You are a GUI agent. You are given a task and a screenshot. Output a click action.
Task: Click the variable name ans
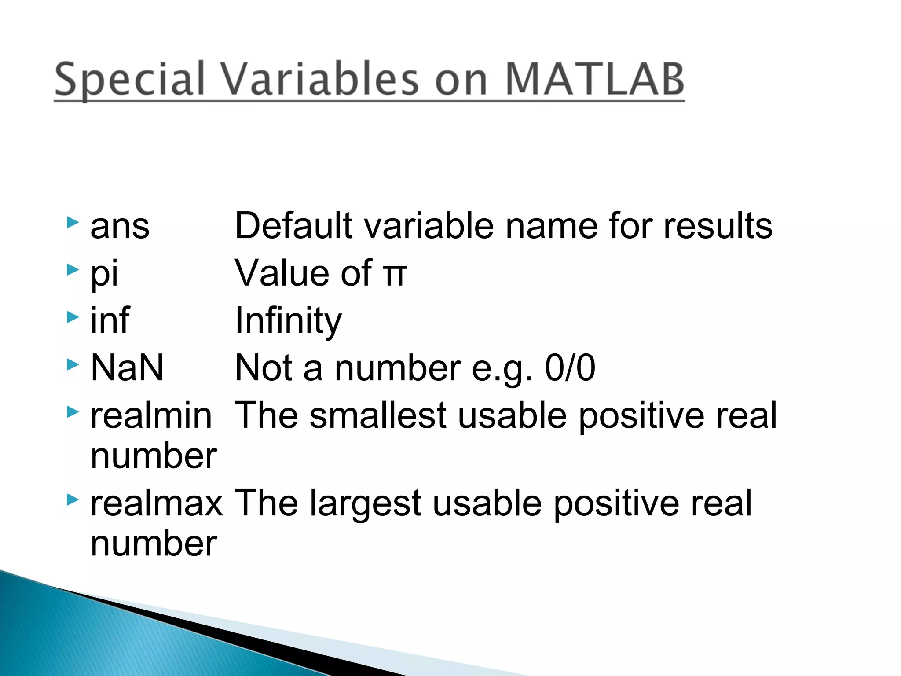coord(120,227)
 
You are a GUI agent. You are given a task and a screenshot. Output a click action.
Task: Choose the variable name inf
coord(110,320)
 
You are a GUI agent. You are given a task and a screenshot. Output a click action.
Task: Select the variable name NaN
coord(127,367)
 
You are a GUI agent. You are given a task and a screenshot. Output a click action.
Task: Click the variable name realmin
coord(151,415)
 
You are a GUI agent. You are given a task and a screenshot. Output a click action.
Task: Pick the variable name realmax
coord(157,503)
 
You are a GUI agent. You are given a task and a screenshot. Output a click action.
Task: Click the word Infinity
coord(288,320)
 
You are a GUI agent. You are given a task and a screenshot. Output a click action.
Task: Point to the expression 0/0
coord(570,367)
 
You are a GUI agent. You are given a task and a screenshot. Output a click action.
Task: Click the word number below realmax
coord(154,544)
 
